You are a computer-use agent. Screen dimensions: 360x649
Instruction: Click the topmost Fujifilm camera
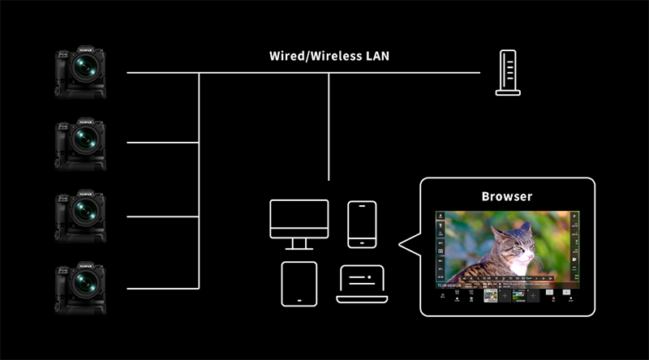(80, 71)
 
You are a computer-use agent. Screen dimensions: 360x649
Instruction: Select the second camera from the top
(80, 144)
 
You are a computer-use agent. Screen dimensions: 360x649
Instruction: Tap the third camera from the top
(80, 215)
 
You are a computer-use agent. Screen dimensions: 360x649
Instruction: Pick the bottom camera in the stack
(80, 287)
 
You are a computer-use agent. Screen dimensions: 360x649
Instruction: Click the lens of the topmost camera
(84, 69)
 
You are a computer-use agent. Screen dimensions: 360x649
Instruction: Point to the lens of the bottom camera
(84, 285)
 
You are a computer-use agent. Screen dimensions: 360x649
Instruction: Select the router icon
(508, 73)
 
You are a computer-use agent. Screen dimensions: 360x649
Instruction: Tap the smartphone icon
(361, 224)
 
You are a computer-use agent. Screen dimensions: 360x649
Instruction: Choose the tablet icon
(299, 284)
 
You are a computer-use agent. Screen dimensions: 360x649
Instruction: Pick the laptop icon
(362, 284)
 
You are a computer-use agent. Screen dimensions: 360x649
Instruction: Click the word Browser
(507, 196)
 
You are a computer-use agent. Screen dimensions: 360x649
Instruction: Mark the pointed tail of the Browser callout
(406, 244)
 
